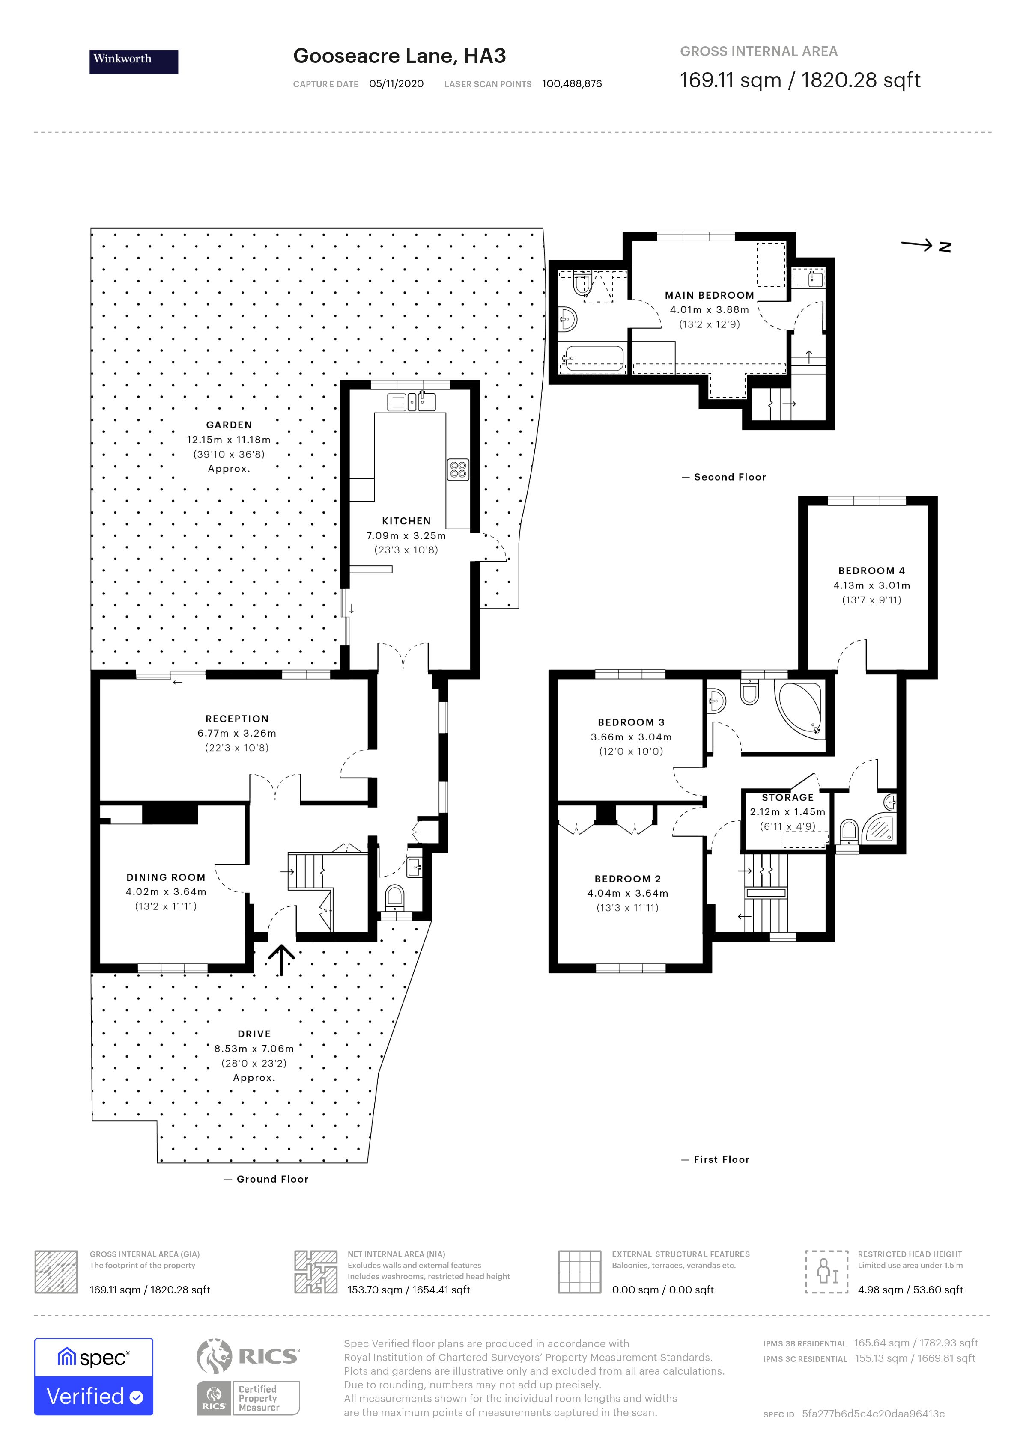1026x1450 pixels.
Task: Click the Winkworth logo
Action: pyautogui.click(x=133, y=62)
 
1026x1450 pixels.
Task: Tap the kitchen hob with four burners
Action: pyautogui.click(x=459, y=469)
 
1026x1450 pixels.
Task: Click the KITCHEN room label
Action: pyautogui.click(x=406, y=521)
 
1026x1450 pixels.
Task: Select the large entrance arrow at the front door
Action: pyautogui.click(x=281, y=959)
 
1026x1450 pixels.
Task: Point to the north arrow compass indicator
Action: pyautogui.click(x=925, y=246)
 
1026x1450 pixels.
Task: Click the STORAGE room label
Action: pyautogui.click(x=787, y=798)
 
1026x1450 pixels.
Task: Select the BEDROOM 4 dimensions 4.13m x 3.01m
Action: pyautogui.click(x=871, y=585)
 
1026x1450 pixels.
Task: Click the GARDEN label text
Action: pyautogui.click(x=229, y=425)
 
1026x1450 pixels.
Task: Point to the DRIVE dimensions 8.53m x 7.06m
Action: pyautogui.click(x=254, y=1049)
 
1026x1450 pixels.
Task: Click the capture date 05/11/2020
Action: pyautogui.click(x=396, y=84)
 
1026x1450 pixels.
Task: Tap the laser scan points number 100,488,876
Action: pyautogui.click(x=572, y=84)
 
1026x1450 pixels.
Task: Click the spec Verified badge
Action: pyautogui.click(x=93, y=1377)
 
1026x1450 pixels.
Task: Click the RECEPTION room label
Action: pyautogui.click(x=237, y=719)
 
